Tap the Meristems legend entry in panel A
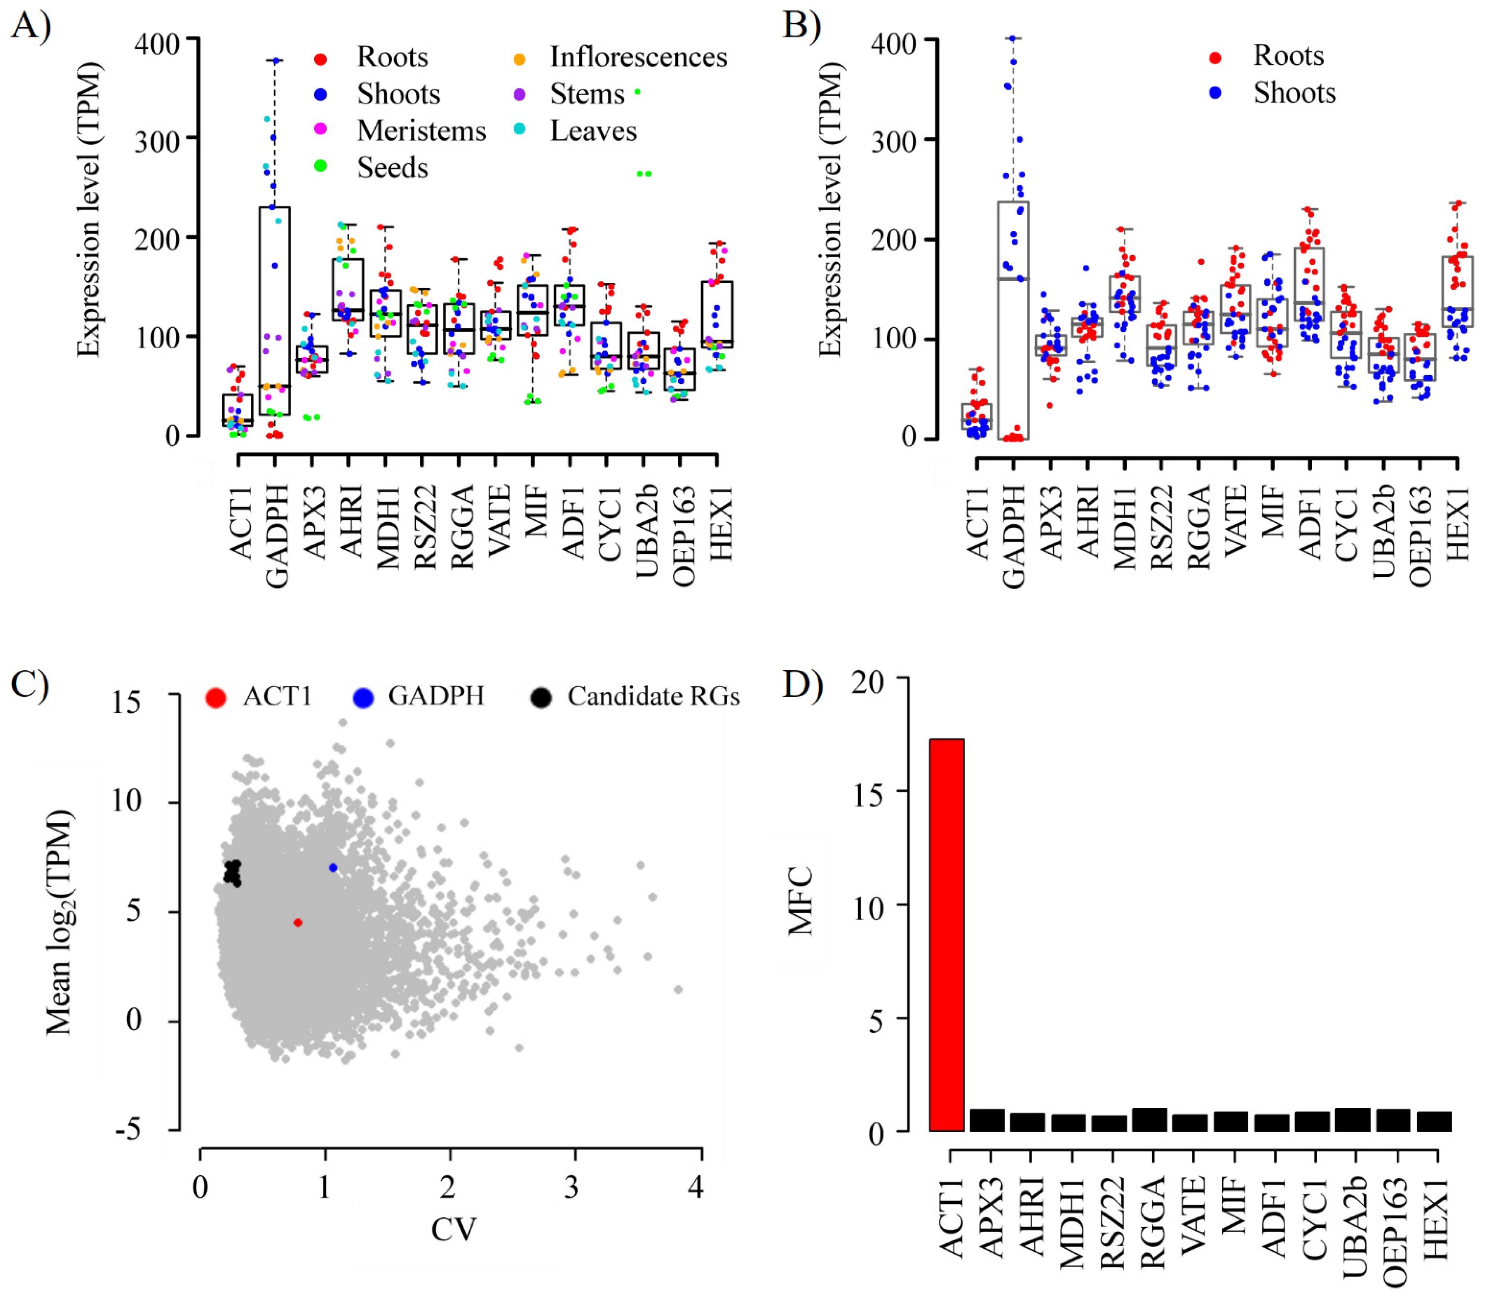(421, 131)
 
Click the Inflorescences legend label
(638, 57)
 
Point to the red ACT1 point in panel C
(298, 922)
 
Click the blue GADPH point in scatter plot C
(333, 867)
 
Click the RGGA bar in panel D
(1149, 1120)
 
